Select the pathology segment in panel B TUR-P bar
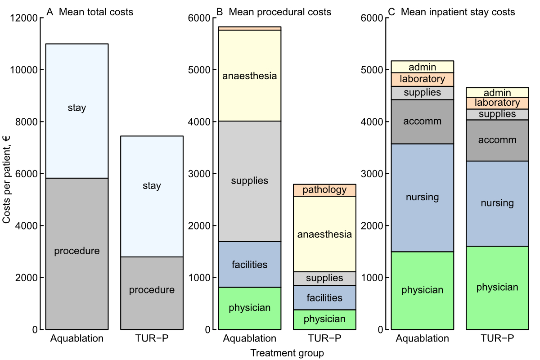[x=324, y=190]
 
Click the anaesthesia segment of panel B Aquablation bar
[x=250, y=76]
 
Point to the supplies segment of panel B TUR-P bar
[x=324, y=279]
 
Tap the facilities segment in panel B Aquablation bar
[x=250, y=265]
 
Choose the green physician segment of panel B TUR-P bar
[x=324, y=319]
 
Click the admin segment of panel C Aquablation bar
[x=422, y=67]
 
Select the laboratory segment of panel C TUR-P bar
[x=497, y=103]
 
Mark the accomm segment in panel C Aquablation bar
[x=422, y=121]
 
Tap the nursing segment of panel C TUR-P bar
[x=497, y=203]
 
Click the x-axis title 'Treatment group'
[x=287, y=353]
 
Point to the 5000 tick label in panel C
[x=372, y=70]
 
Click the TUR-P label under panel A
[x=152, y=338]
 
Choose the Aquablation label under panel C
[x=422, y=338]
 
